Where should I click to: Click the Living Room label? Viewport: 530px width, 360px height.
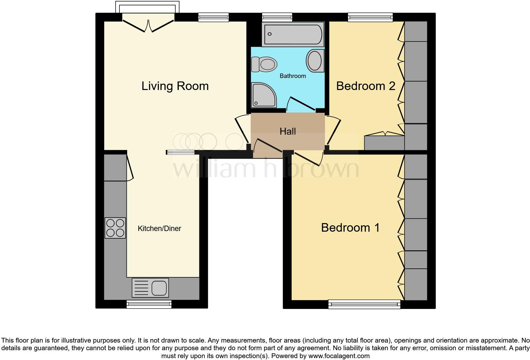coord(175,86)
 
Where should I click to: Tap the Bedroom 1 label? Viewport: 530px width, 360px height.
coord(350,228)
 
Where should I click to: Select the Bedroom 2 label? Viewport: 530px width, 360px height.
coord(365,86)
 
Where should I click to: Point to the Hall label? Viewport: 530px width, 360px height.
coord(288,131)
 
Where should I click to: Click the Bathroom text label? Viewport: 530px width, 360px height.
coord(293,76)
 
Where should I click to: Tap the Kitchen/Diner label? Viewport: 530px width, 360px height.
coord(159,228)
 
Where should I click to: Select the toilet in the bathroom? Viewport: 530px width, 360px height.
coord(264,65)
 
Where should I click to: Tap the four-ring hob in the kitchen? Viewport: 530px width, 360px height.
coord(115,228)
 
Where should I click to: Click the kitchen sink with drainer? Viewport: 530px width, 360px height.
coord(150,288)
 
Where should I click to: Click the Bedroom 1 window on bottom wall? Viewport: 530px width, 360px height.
coord(364,305)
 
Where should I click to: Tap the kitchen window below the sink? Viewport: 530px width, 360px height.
coord(149,305)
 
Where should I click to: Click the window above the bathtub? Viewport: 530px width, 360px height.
coord(277,17)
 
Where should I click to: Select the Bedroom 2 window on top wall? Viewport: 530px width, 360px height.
coord(370,17)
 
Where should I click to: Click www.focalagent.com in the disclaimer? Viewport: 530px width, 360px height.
coord(339,356)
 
